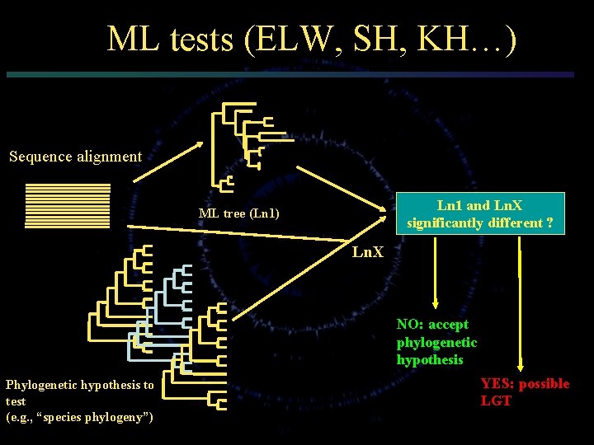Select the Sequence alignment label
click(x=75, y=156)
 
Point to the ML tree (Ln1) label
click(x=239, y=214)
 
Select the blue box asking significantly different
click(x=479, y=214)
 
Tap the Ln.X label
click(x=368, y=251)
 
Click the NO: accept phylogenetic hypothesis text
click(x=436, y=342)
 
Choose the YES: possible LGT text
click(x=525, y=392)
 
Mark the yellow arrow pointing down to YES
click(x=520, y=313)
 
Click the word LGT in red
click(x=496, y=401)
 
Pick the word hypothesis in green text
click(x=430, y=360)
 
